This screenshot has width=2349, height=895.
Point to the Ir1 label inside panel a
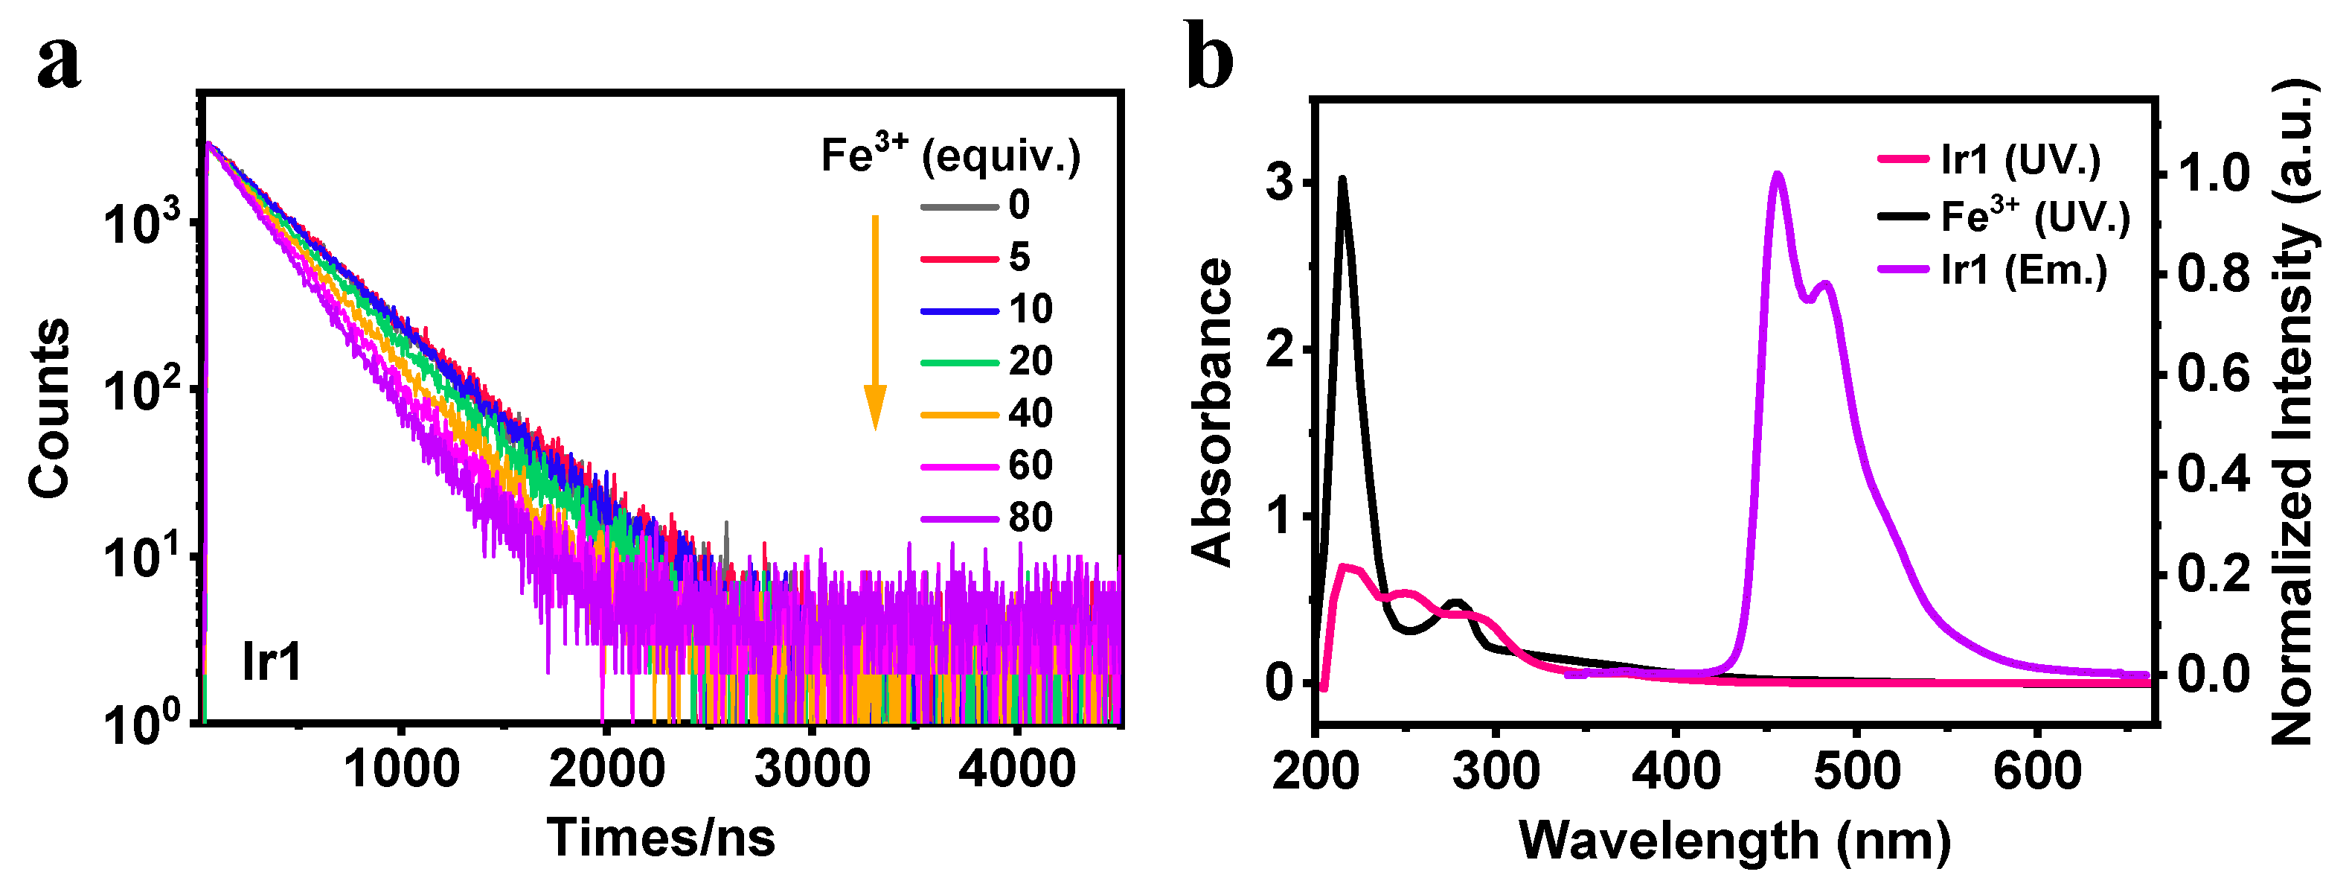271,661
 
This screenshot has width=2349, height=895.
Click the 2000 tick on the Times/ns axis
606,768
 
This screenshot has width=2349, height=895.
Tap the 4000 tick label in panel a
1016,768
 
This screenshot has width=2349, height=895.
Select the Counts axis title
49,408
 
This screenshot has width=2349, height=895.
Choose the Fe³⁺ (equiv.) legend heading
950,154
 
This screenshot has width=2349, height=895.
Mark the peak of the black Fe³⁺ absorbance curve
1342,179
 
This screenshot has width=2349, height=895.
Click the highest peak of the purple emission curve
1776,173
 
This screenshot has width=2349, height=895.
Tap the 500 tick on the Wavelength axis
1856,771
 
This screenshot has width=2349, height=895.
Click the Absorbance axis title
1213,413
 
